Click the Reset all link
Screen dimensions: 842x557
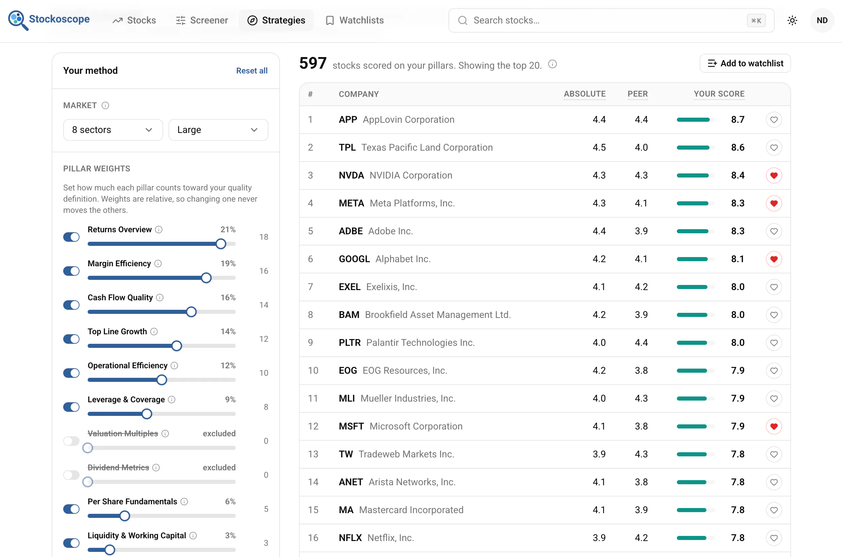(x=252, y=71)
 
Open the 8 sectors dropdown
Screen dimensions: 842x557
(x=113, y=130)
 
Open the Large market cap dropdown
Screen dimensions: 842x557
(x=218, y=130)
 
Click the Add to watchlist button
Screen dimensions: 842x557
(x=745, y=63)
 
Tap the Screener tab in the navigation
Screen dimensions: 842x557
(x=201, y=20)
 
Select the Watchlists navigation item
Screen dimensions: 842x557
(x=354, y=20)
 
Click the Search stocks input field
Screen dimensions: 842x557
(x=611, y=20)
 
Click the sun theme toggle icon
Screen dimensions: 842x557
(x=792, y=20)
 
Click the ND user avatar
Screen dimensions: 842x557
(x=822, y=20)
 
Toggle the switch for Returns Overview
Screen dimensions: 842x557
(x=71, y=237)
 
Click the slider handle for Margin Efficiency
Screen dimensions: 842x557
(x=206, y=278)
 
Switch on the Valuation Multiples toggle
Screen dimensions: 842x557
(x=71, y=441)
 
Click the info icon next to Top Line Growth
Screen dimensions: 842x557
(x=154, y=332)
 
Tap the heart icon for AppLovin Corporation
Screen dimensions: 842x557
(x=774, y=120)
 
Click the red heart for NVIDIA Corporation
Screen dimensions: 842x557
(x=774, y=175)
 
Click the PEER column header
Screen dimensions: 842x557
(x=637, y=94)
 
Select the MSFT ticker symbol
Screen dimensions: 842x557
(x=351, y=426)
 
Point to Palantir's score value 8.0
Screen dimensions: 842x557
(x=738, y=342)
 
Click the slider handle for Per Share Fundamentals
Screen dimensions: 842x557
(x=124, y=516)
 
